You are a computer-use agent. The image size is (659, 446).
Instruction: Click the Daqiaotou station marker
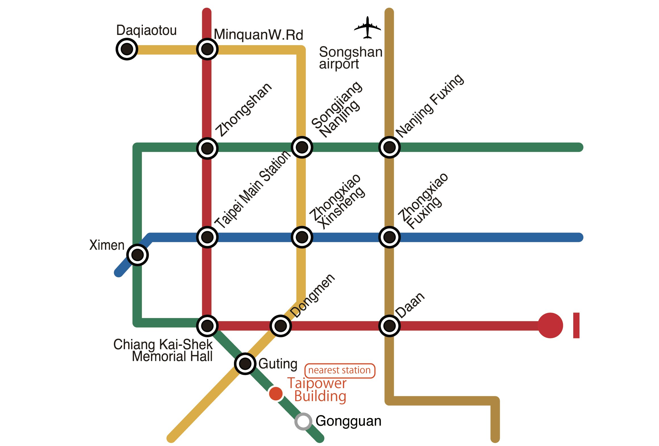coord(127,49)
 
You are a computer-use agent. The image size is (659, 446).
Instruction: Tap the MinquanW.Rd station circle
coord(207,49)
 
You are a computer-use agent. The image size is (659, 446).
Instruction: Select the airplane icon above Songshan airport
coord(367,28)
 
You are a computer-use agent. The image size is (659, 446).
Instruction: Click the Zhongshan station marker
coord(207,148)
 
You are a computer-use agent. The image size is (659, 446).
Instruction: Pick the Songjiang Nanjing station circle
coord(302,147)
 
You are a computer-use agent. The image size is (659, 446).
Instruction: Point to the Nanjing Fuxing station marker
coord(389,147)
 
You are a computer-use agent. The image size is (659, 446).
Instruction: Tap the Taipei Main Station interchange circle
coord(207,237)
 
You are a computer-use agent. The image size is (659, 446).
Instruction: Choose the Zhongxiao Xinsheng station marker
coord(302,237)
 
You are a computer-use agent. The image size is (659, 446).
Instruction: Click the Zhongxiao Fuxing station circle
coord(389,237)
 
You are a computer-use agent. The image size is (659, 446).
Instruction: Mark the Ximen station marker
coord(138,255)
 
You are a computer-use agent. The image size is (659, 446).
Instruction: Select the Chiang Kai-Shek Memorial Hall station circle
coord(207,325)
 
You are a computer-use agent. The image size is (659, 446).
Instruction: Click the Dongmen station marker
coord(281,326)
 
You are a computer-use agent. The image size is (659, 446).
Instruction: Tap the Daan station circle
coord(389,325)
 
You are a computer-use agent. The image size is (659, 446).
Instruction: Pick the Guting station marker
coord(245,363)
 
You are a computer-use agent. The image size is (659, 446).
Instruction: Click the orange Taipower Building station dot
coord(275,393)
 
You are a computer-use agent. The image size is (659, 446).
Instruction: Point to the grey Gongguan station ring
coord(303,422)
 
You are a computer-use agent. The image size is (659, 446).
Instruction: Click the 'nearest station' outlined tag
coord(340,370)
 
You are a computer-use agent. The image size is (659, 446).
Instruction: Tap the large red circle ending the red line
coord(550,325)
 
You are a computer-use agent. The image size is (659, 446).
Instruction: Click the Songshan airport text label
coord(351,58)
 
